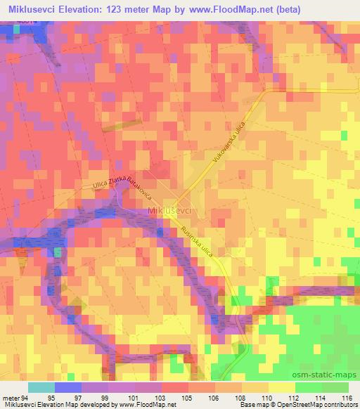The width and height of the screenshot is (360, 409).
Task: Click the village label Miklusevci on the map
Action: click(172, 209)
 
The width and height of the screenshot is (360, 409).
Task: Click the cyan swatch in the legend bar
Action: click(41, 387)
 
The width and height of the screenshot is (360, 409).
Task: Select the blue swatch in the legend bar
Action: click(67, 387)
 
